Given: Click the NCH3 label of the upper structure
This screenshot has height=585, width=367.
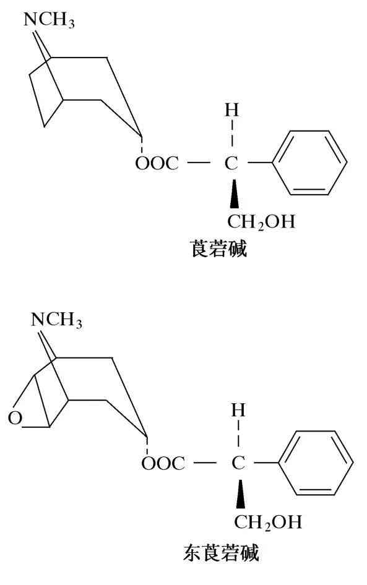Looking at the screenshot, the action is point(49,20).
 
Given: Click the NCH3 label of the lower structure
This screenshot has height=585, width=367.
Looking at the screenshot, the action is point(56,320).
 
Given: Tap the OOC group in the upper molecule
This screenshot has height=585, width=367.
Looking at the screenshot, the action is point(157,163).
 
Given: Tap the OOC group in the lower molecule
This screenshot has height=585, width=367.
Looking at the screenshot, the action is point(163,463).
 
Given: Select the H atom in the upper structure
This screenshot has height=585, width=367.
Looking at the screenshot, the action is point(231,110).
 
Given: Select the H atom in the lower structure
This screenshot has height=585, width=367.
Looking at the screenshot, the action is point(238,411).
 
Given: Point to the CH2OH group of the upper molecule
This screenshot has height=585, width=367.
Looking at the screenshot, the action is point(261,221).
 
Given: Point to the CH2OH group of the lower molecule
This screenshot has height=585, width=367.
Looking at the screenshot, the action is point(268,522).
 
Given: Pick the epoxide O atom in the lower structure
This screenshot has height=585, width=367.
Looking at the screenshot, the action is point(15,417).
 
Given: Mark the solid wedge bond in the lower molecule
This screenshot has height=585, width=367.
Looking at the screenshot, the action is point(241,494).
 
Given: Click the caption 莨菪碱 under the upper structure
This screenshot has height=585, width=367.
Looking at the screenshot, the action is point(219,249).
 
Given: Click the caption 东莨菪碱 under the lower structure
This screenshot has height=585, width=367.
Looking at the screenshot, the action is point(221,553).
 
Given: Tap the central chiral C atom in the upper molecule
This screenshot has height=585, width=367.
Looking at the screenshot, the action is point(231,163).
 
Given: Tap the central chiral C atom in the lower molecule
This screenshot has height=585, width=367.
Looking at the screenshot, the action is point(238,463).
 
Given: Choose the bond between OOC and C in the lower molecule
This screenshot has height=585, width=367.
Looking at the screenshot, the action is point(205,463).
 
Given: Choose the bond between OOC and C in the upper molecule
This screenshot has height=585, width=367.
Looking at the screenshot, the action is point(199,163).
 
